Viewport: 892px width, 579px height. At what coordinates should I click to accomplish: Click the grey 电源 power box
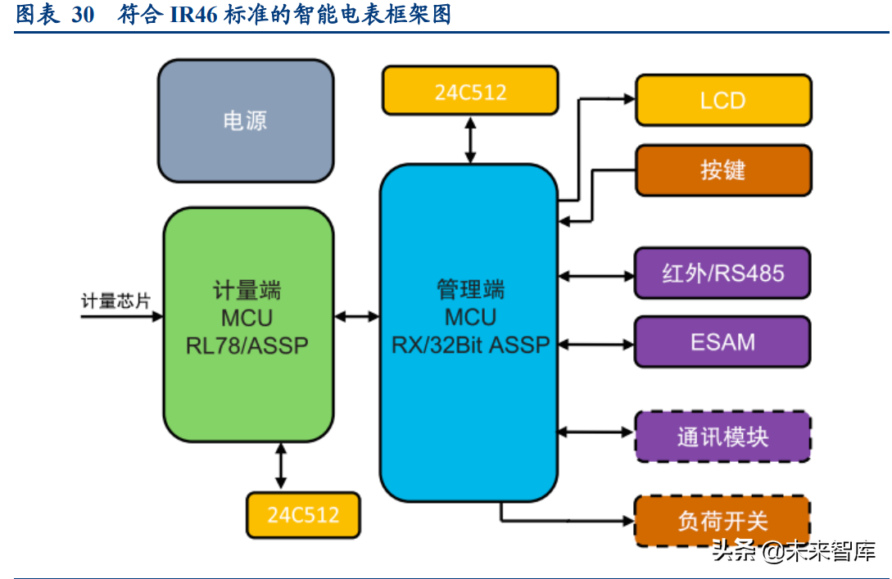(246, 121)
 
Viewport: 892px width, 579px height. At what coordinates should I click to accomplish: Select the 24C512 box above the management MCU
(470, 92)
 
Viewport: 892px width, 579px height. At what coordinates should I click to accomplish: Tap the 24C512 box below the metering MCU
(303, 514)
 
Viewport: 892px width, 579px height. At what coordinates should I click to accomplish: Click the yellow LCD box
(722, 101)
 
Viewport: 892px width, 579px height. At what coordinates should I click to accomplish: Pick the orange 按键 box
(722, 170)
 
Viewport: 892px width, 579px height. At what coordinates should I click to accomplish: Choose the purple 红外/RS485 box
(722, 274)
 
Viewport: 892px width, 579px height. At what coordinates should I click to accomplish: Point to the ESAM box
(722, 342)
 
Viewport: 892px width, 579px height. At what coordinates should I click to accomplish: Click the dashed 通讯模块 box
(722, 437)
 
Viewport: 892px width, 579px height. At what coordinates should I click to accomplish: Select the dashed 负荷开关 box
(722, 521)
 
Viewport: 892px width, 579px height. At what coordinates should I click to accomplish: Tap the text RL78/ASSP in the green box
(247, 345)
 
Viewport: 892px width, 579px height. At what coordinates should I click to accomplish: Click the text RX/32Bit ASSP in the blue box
(470, 345)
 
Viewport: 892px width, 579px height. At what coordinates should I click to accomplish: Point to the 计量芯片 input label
(115, 301)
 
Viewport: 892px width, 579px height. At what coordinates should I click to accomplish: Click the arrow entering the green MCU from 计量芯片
(122, 317)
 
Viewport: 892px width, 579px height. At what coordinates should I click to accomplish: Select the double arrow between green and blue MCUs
(356, 315)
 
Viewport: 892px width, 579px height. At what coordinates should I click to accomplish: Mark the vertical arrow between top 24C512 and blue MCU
(470, 138)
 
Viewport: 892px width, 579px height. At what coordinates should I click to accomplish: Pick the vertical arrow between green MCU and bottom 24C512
(282, 467)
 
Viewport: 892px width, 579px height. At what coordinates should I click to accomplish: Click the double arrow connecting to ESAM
(595, 344)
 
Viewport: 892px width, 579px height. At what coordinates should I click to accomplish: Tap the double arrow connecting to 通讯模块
(595, 432)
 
